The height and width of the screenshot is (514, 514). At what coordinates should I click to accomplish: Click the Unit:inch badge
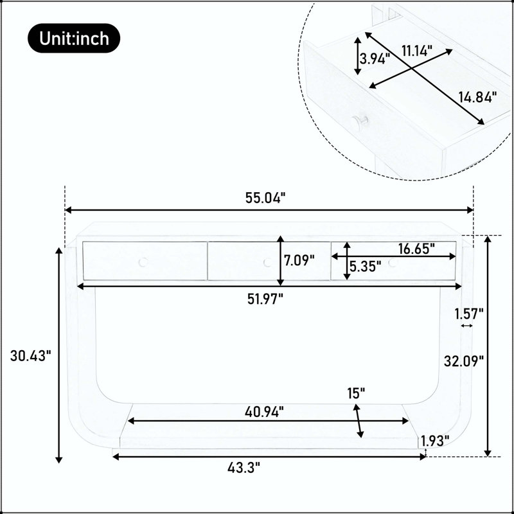pyautogui.click(x=74, y=38)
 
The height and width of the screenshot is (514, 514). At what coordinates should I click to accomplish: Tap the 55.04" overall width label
pyautogui.click(x=265, y=198)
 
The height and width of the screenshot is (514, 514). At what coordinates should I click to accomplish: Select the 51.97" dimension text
pyautogui.click(x=265, y=299)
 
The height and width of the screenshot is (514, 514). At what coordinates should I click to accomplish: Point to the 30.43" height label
pyautogui.click(x=31, y=356)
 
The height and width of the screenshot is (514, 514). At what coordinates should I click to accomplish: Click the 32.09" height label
pyautogui.click(x=464, y=361)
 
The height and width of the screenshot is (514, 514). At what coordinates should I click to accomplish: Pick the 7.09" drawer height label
pyautogui.click(x=299, y=261)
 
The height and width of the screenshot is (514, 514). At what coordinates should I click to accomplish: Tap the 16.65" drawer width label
pyautogui.click(x=416, y=249)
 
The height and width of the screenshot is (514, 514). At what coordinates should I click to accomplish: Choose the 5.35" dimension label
pyautogui.click(x=365, y=267)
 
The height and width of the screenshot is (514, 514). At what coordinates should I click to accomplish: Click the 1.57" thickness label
pyautogui.click(x=469, y=314)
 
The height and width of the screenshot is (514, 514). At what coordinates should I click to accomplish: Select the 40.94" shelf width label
pyautogui.click(x=264, y=412)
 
